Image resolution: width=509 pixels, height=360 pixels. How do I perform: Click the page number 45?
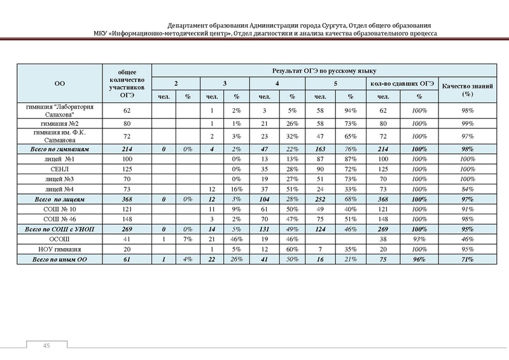pos(46,345)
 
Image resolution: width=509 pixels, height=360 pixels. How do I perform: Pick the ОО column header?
pos(61,83)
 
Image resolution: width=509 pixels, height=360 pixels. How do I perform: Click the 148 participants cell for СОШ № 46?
pos(126,218)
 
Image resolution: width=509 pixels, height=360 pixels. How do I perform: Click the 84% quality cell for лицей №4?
pos(470,190)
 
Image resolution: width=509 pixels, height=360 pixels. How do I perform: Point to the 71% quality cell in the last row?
pos(470,260)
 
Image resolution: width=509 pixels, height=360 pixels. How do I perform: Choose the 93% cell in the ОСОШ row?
pos(419,238)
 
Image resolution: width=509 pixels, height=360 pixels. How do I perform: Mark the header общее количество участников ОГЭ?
pos(126,83)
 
